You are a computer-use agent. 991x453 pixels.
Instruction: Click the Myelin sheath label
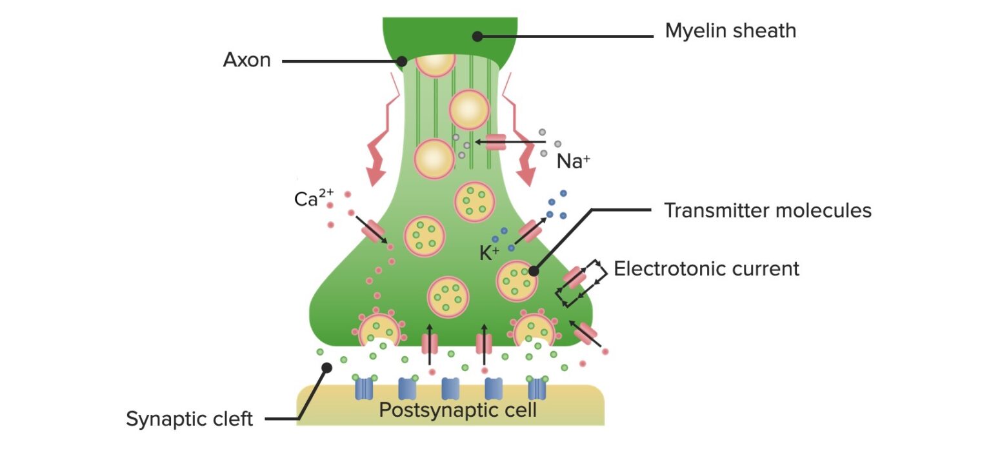point(730,30)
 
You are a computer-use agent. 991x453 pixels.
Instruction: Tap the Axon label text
point(246,61)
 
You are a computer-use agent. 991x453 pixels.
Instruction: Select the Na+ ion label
point(573,161)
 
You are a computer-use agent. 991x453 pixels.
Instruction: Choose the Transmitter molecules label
point(768,210)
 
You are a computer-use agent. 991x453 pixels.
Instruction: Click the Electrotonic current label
point(706,268)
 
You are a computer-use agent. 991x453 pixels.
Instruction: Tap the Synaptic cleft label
point(189,419)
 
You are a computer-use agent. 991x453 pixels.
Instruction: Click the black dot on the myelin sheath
point(477,37)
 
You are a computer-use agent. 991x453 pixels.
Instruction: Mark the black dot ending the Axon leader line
point(401,62)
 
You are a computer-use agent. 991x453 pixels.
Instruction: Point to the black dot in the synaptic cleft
point(326,368)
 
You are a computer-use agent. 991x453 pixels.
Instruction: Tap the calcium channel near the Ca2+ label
point(373,230)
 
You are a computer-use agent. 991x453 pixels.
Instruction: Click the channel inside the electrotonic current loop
point(574,278)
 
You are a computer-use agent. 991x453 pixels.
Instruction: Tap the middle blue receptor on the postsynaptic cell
point(450,389)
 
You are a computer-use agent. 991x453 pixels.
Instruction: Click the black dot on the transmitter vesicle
point(533,272)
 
